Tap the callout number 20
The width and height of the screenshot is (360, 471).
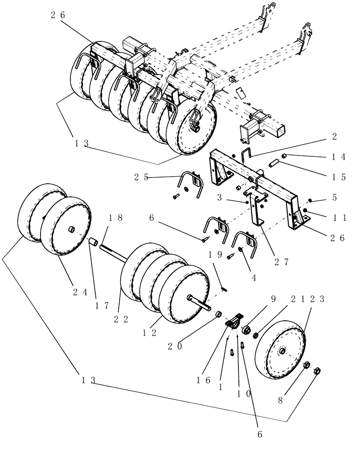pyautogui.click(x=174, y=346)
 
